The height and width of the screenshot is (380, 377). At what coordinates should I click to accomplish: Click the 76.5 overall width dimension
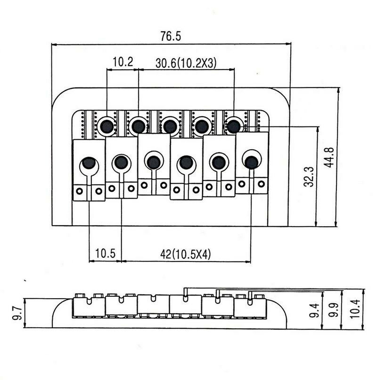[x=171, y=36]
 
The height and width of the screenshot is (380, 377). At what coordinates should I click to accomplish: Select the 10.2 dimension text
[x=123, y=62]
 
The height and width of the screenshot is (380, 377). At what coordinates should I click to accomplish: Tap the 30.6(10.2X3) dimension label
[x=187, y=62]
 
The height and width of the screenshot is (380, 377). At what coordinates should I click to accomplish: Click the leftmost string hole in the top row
[x=107, y=125]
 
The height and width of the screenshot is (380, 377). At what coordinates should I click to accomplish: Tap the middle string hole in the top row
[x=170, y=126]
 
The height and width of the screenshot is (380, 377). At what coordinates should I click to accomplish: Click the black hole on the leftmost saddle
[x=88, y=164]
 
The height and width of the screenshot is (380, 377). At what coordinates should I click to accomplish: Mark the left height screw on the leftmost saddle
[x=80, y=191]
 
